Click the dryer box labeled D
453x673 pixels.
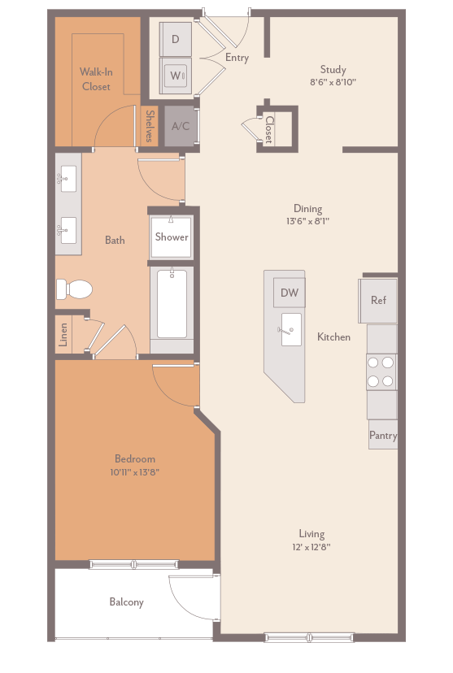(176, 38)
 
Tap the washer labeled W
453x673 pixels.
(176, 76)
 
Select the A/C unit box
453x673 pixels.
(181, 126)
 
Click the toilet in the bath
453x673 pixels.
(73, 289)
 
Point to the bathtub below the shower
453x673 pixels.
(172, 304)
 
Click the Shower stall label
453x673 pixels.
(172, 237)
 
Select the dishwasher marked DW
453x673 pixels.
(289, 293)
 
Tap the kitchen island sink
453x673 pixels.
(290, 329)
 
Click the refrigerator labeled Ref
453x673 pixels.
(378, 300)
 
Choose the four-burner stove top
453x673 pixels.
(381, 371)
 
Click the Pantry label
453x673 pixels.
(383, 436)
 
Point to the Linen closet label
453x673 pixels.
(63, 335)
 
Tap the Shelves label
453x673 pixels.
(150, 126)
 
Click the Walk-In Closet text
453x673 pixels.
(96, 79)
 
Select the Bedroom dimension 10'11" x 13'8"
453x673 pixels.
(134, 472)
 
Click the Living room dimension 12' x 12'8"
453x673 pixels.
(311, 547)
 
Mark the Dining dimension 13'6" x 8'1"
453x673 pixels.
(307, 221)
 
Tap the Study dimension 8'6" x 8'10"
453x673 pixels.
(333, 82)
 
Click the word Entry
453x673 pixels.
(237, 58)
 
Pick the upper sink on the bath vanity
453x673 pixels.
(68, 176)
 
